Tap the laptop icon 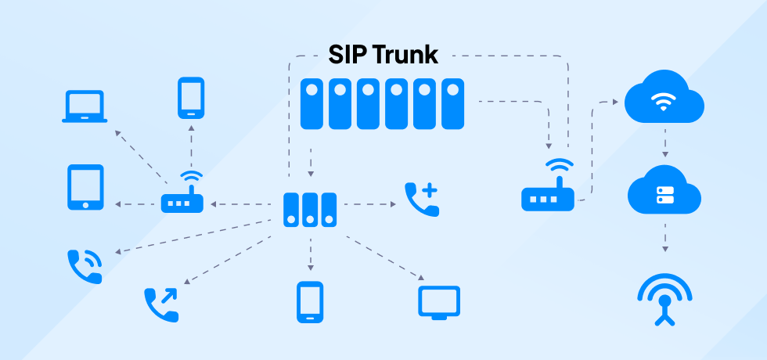coord(84,107)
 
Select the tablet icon coord(85,186)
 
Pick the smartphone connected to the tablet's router coord(191,97)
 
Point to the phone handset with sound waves coord(85,266)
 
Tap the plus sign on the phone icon coord(430,190)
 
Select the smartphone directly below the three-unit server coord(310,302)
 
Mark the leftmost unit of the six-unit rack coord(311,103)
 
